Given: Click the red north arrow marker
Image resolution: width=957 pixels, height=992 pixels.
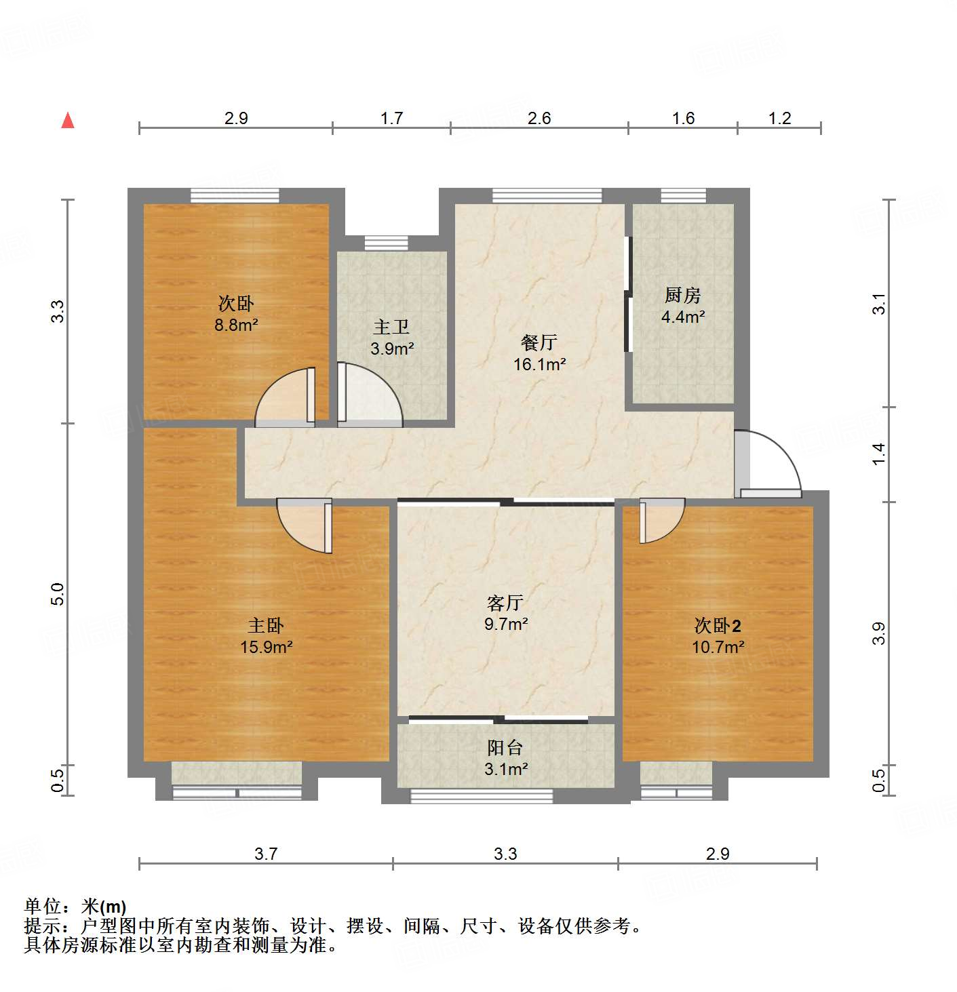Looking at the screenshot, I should tap(68, 120).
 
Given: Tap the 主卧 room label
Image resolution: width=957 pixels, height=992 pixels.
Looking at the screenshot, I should tap(266, 624).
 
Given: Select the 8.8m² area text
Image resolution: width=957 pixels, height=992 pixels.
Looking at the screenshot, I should tap(236, 325).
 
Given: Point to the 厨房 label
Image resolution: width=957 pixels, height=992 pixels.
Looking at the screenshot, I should tap(682, 295).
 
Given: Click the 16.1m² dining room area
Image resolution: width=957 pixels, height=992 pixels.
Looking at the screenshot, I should tap(539, 364).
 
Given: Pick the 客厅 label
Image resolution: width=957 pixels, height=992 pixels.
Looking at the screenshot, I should tap(505, 602).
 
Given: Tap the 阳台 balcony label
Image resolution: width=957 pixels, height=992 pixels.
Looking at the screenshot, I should tap(505, 747).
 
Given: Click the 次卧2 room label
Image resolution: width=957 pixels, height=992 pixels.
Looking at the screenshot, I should tap(718, 624).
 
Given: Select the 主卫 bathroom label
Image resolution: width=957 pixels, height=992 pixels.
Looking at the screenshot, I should tap(392, 327).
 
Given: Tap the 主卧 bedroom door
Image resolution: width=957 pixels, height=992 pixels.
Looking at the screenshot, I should tap(305, 525).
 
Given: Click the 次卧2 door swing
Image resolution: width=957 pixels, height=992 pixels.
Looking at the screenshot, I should tap(661, 521).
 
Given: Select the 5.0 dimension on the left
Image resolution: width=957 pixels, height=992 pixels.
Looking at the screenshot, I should tap(58, 594).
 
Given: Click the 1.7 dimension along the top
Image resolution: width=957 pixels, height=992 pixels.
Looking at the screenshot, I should tap(391, 118).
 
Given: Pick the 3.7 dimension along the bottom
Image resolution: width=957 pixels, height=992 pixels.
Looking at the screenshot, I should tap(266, 853).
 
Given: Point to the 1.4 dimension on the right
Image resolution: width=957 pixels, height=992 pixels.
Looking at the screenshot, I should tap(879, 453).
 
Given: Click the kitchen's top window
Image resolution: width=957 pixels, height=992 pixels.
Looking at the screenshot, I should tap(683, 196).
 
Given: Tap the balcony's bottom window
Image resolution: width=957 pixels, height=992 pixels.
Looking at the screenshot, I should tap(482, 796).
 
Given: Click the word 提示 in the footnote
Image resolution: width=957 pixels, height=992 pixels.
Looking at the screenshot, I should tap(42, 926).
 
